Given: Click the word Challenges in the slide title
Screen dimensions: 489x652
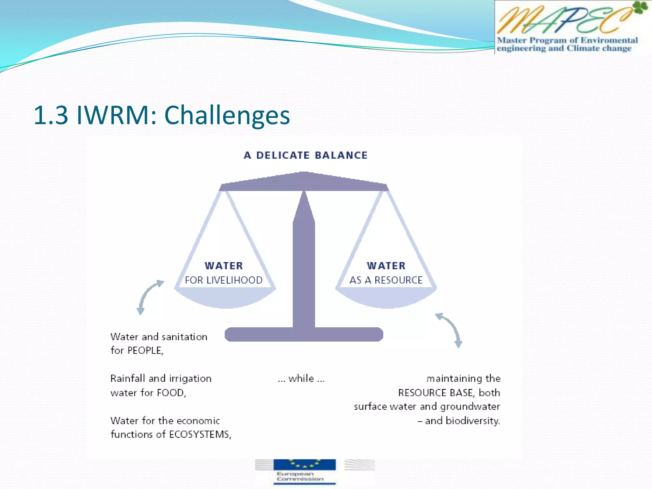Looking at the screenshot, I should click(x=227, y=115).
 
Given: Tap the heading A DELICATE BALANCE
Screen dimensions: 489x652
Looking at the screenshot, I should click(x=306, y=155).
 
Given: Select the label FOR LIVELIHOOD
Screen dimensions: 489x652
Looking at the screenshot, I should click(x=223, y=280).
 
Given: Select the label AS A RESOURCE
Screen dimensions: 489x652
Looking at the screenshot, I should click(x=386, y=280).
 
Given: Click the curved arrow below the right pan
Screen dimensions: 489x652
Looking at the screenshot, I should click(x=450, y=330).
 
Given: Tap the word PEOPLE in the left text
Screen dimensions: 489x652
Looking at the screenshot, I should click(x=145, y=351).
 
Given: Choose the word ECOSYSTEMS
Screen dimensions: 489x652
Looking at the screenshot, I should click(x=200, y=435).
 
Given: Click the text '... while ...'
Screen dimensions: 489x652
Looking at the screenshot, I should click(x=301, y=379).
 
